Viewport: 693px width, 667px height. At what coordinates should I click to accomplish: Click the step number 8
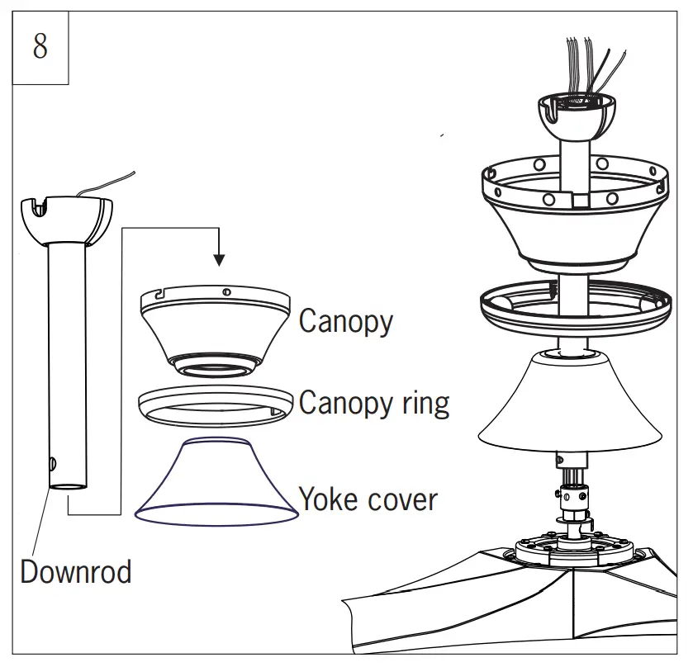coord(40,46)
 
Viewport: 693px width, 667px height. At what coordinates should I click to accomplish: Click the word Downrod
coord(75,571)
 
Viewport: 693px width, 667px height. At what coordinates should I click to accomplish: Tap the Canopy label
coord(346,322)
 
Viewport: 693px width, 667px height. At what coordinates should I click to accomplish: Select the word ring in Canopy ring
coord(425,404)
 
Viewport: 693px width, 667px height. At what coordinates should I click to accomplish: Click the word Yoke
coord(330,499)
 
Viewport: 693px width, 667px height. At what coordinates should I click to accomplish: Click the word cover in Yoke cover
coord(402,500)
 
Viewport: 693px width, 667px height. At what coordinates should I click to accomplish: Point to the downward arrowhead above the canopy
coord(219,260)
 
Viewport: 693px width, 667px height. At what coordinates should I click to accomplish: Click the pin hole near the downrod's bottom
coord(53,463)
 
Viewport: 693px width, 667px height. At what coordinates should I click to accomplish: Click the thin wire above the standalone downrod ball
coord(105,183)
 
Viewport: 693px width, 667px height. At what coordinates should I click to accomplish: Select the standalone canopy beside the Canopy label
coord(216,332)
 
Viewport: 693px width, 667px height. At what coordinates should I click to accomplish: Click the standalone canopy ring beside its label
coord(216,407)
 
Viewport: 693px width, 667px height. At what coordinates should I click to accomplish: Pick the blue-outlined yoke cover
coord(216,482)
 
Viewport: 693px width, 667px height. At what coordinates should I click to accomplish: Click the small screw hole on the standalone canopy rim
coord(226,291)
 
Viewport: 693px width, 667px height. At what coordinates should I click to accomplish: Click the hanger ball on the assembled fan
coord(577,116)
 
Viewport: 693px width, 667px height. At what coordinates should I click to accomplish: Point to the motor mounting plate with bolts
coord(575,549)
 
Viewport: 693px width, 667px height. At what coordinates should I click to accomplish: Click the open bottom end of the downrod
coord(68,486)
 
